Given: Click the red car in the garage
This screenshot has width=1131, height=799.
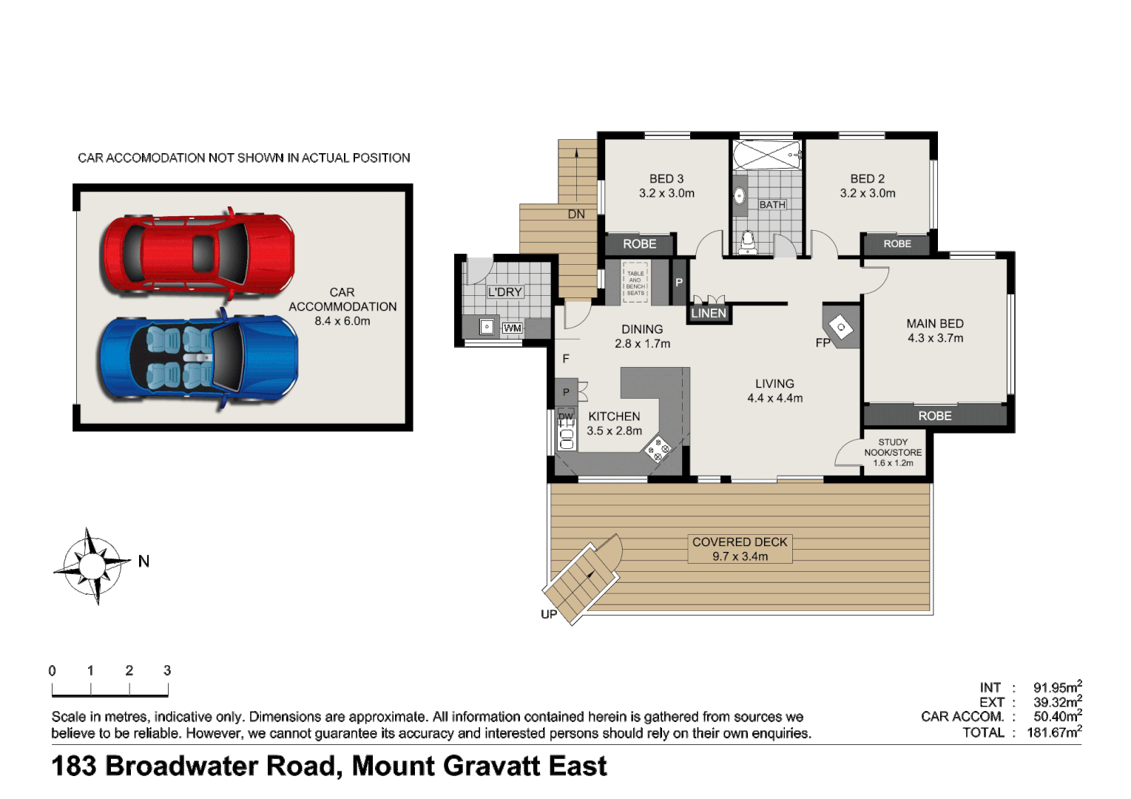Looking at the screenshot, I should click(198, 254).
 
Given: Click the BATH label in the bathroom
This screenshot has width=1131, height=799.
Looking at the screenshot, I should click(772, 205).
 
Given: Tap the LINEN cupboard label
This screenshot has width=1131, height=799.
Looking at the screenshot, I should click(709, 313).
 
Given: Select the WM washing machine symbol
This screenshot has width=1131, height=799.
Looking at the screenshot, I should click(512, 328).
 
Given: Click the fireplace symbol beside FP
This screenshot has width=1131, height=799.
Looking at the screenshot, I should click(842, 326).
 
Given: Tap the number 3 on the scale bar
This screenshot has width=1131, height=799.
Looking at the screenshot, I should click(167, 670).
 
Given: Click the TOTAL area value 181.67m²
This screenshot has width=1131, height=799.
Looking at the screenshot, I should click(1054, 732).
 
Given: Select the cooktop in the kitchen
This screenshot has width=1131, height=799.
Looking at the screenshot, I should click(658, 449).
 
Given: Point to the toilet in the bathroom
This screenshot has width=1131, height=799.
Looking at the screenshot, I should click(747, 240).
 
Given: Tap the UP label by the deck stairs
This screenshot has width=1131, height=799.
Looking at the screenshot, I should click(549, 614).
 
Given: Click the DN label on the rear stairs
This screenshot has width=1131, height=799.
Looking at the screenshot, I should click(576, 215).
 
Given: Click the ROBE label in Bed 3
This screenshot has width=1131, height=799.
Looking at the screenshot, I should click(639, 244).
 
